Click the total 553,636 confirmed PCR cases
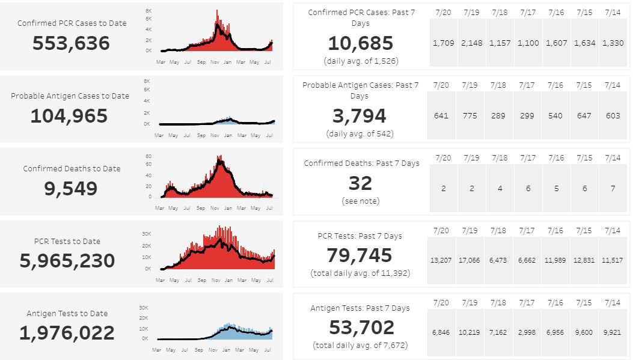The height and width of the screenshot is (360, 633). pos(71,43)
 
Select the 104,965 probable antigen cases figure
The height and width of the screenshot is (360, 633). pos(69,116)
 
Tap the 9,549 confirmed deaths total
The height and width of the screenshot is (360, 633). pos(71,189)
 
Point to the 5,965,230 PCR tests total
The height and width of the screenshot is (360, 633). pos(67,261)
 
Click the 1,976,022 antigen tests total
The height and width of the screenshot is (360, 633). pos(67,333)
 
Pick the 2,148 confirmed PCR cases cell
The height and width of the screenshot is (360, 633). pos(471,43)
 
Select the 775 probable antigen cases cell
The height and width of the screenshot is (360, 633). pos(471,116)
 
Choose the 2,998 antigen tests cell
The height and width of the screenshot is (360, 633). pos(527,332)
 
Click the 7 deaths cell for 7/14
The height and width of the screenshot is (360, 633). pos(613,188)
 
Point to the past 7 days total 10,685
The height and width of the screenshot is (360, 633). pos(360,43)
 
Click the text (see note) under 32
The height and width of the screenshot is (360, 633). pos(360,201)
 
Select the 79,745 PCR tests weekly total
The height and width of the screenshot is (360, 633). pos(359,255)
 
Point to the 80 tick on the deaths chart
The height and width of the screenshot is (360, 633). pos(148,156)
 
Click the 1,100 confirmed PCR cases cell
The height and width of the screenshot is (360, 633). pos(528,43)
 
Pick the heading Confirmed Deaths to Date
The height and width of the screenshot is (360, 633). pos(72,169)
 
